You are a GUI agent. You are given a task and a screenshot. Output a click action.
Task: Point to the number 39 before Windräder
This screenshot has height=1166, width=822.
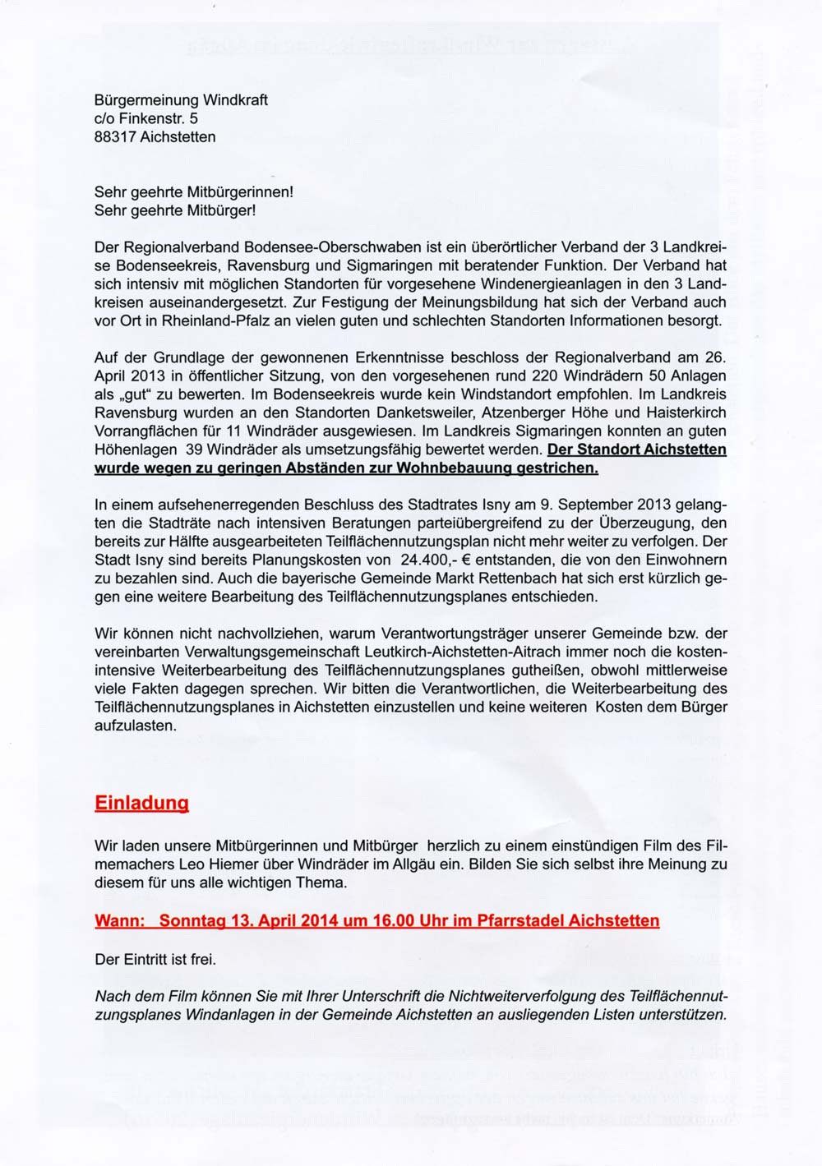coord(193,451)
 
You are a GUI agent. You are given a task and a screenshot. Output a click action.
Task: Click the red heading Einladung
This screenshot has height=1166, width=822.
coord(141,803)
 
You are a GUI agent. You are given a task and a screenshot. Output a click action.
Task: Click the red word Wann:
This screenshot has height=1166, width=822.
coord(120,921)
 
